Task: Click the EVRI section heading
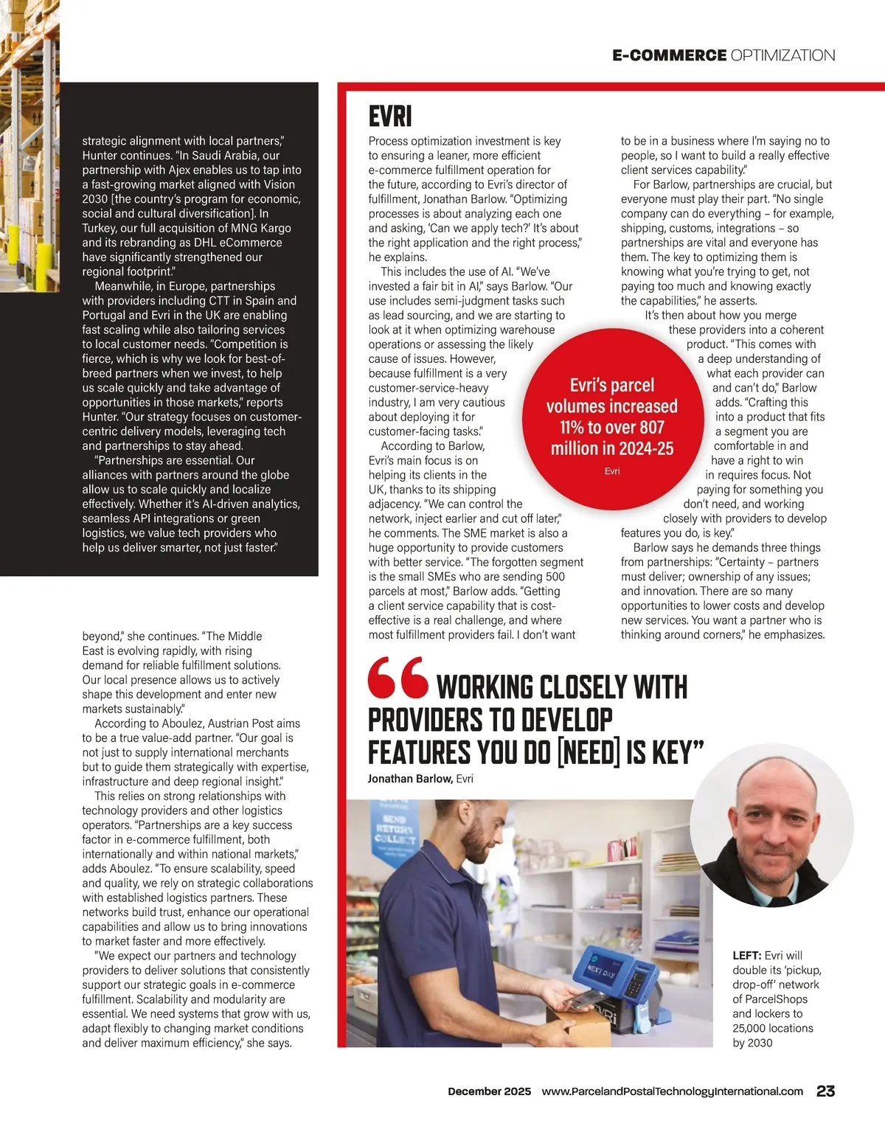click(x=390, y=117)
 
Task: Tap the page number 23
click(x=825, y=1091)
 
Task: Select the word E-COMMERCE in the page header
click(x=669, y=55)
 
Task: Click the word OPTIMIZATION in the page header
click(x=782, y=55)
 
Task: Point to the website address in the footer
click(x=672, y=1091)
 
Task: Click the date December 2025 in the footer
click(x=489, y=1091)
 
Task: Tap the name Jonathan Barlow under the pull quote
click(x=410, y=779)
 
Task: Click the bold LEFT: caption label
click(x=746, y=956)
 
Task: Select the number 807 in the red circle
click(x=652, y=428)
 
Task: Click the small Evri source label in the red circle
click(x=612, y=471)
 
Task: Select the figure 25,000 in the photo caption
click(x=753, y=1028)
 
